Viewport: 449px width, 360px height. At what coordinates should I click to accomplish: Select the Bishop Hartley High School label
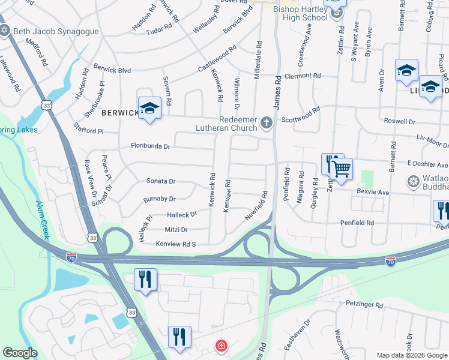coord(292,13)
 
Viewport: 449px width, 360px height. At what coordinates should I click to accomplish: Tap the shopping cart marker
coord(341,169)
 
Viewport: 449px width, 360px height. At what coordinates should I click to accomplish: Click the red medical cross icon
coord(221,346)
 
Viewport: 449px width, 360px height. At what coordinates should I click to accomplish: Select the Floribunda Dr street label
coord(151,146)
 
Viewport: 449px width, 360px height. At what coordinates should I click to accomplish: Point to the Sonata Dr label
coord(160,181)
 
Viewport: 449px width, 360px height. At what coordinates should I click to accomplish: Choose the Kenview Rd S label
coord(176,244)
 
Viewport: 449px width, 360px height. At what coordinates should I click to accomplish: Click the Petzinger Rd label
coord(364,305)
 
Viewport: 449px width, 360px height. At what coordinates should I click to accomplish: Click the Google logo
coord(20,353)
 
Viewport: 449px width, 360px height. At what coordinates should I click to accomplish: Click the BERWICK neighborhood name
coord(116,112)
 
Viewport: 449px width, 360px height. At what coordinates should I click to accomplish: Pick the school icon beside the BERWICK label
coord(149,109)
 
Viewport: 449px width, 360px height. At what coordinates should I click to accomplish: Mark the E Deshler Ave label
coord(427,164)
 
